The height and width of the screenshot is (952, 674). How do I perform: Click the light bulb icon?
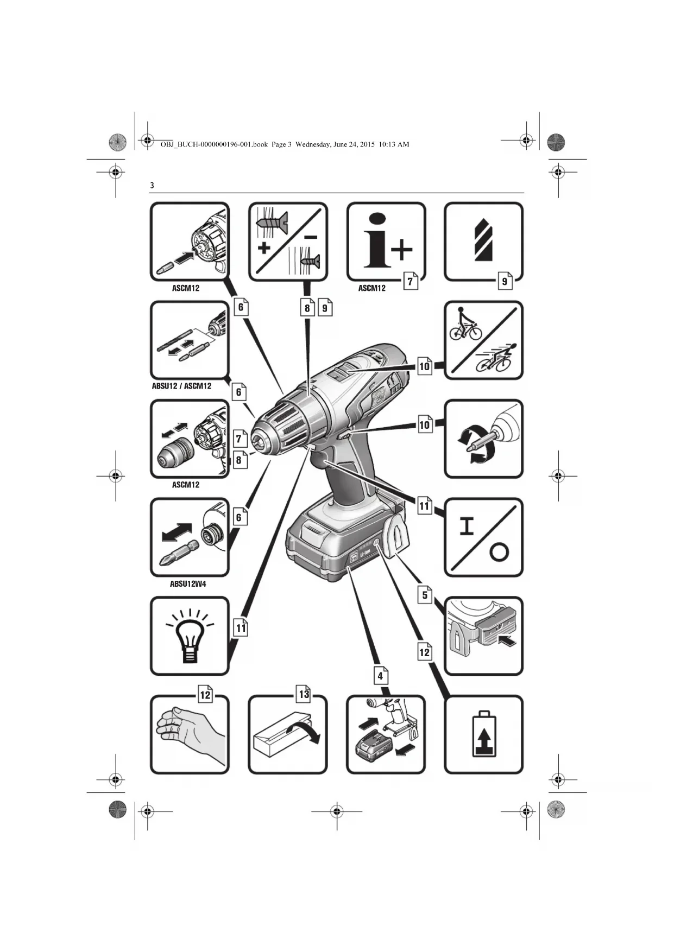tap(190, 636)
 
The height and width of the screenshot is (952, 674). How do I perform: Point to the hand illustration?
tap(188, 735)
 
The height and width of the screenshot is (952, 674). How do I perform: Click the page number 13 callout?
tap(304, 694)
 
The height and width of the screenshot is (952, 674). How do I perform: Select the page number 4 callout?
tap(381, 676)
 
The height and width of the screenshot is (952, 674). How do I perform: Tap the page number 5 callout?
tap(425, 595)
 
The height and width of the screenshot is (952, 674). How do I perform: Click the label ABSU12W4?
tap(188, 584)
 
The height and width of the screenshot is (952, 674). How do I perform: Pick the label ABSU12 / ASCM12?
tap(181, 386)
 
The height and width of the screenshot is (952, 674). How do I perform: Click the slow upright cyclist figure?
tap(465, 324)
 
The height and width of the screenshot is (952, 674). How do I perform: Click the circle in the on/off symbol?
tap(499, 553)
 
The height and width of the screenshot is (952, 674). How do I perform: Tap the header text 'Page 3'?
tap(281, 144)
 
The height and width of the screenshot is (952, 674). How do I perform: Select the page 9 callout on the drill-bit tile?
tap(505, 281)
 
